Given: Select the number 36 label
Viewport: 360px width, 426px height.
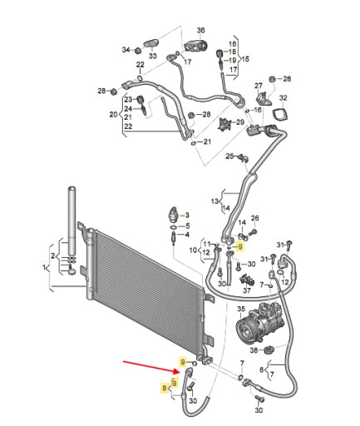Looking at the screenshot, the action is pos(200,30).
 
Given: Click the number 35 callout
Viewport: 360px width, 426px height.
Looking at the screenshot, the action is pos(241,309).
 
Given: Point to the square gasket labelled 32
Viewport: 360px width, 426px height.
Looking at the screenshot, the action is pos(280,114).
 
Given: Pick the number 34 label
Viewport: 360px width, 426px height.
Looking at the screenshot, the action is pos(126,50).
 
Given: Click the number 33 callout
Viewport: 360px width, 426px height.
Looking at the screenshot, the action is pos(153,56).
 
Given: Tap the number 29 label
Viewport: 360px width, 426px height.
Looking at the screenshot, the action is pos(239,122).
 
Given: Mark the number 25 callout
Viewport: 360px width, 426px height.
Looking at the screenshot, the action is pos(229,156).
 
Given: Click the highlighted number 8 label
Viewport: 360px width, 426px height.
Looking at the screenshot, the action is pos(165,388).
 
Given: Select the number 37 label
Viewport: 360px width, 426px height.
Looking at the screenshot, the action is pos(247,290).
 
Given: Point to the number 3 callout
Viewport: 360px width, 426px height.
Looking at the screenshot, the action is pos(187,215).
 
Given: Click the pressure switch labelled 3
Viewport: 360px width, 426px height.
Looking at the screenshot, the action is pos(174,214).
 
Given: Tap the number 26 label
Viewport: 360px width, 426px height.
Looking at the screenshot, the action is pos(255,218).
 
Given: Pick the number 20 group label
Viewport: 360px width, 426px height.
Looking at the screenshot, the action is pos(113,114).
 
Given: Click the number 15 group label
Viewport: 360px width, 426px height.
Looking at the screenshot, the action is pos(245,59).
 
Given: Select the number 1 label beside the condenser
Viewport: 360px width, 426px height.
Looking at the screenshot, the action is pos(44,268).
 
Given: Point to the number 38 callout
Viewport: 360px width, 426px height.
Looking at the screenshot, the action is pos(254,350).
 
